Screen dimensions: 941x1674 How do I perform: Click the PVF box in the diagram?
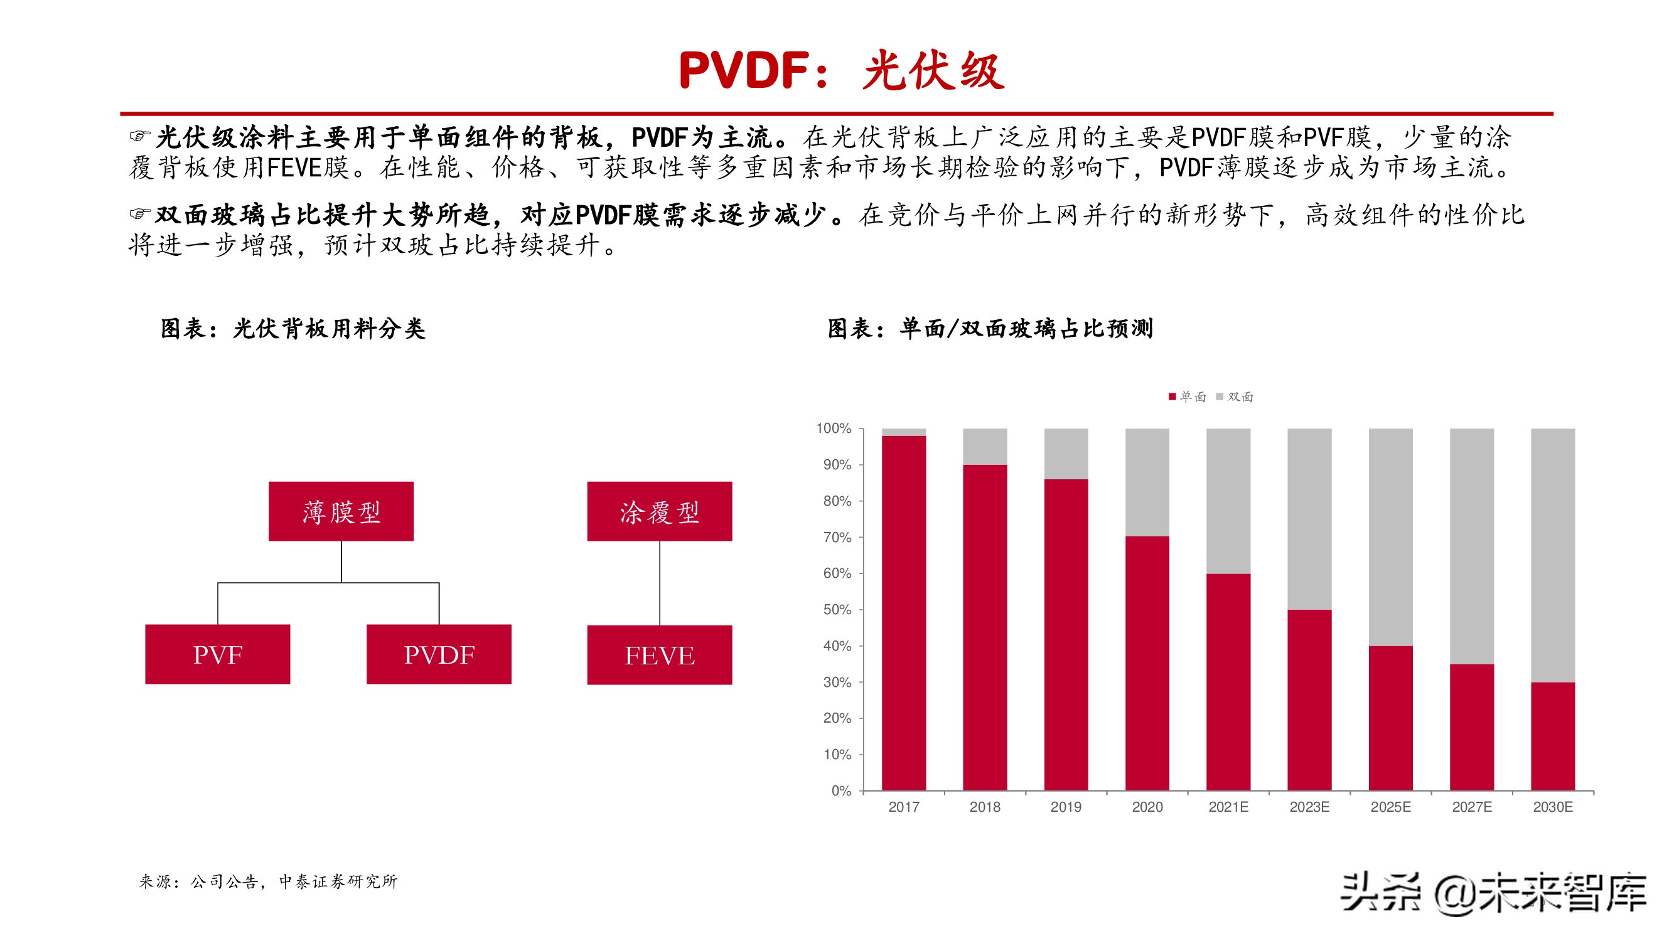pos(217,654)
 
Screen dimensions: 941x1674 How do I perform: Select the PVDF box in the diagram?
pos(439,654)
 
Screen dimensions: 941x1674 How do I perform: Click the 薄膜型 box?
pos(341,511)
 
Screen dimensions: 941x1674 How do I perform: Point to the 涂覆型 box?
pos(659,511)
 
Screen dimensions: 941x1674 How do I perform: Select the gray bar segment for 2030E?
pos(1552,555)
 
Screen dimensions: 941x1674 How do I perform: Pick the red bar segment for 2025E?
pos(1390,718)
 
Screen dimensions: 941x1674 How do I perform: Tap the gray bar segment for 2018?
pos(985,446)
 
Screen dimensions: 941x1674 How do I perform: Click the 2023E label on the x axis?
pos(1309,807)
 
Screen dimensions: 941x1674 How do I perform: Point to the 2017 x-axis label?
pos(903,807)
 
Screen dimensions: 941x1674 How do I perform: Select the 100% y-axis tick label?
pos(834,428)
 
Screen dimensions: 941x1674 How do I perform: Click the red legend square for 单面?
pos(1172,397)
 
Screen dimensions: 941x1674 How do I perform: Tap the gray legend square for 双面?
pos(1220,397)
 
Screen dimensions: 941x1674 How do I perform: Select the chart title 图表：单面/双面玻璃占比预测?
pos(990,329)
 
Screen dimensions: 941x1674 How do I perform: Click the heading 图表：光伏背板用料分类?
pos(293,329)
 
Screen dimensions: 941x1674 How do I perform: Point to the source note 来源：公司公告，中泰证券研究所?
pos(268,881)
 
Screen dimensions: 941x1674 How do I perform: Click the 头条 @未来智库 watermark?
pos(1493,894)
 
